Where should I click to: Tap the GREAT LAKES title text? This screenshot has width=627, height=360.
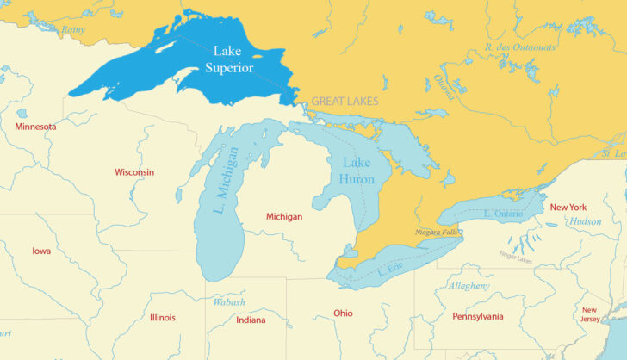[x=345, y=101]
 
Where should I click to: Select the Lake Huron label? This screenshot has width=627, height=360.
[x=357, y=171]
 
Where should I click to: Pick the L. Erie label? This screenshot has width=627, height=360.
[x=390, y=270]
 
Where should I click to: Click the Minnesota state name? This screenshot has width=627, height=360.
[x=35, y=127]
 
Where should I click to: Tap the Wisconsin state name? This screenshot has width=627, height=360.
[x=134, y=172]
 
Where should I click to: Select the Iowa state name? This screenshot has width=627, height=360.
[x=41, y=251]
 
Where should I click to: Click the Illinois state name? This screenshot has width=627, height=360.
[x=162, y=318]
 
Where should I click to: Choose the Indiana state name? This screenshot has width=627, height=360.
[x=251, y=320]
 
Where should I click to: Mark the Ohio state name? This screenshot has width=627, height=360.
[x=343, y=313]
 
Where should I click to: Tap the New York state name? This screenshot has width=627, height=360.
[x=568, y=208]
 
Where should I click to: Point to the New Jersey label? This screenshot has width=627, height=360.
[x=590, y=314]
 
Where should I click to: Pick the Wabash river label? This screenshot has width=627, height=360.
[x=229, y=302]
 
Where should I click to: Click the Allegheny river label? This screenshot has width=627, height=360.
[x=469, y=285]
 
